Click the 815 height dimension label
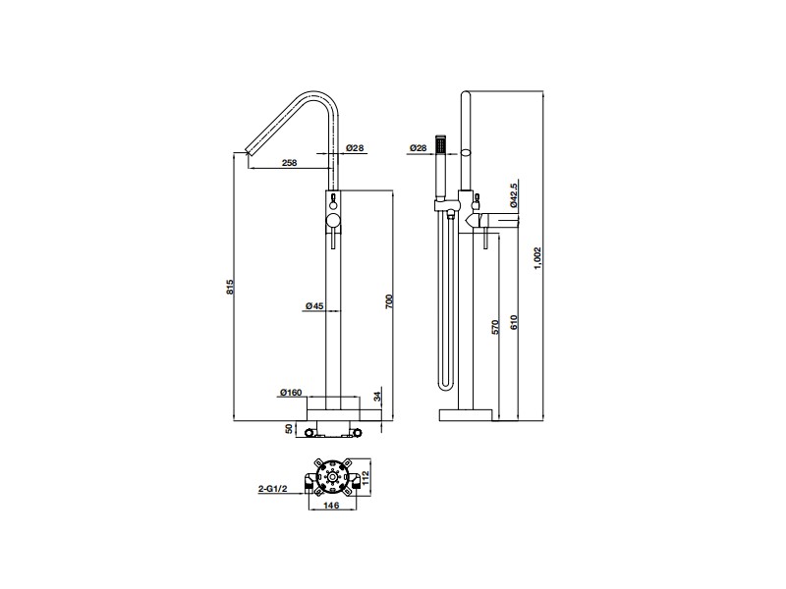(x=230, y=287)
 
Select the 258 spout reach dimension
(x=289, y=162)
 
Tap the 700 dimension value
(x=389, y=301)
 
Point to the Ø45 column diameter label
(x=314, y=305)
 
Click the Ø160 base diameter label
(x=291, y=393)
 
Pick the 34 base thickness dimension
(x=377, y=397)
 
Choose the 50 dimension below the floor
(x=288, y=429)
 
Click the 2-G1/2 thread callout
(x=273, y=489)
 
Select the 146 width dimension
(x=331, y=506)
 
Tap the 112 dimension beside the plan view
(x=365, y=474)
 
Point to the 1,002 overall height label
(x=537, y=258)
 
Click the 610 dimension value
(x=513, y=322)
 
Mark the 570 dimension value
(x=496, y=327)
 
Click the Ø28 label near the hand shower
(x=418, y=148)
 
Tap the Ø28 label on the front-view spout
(x=355, y=148)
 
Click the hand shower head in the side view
(x=441, y=144)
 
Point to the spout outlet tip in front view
(x=248, y=151)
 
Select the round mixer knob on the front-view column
(x=332, y=219)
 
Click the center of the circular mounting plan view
(x=331, y=478)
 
